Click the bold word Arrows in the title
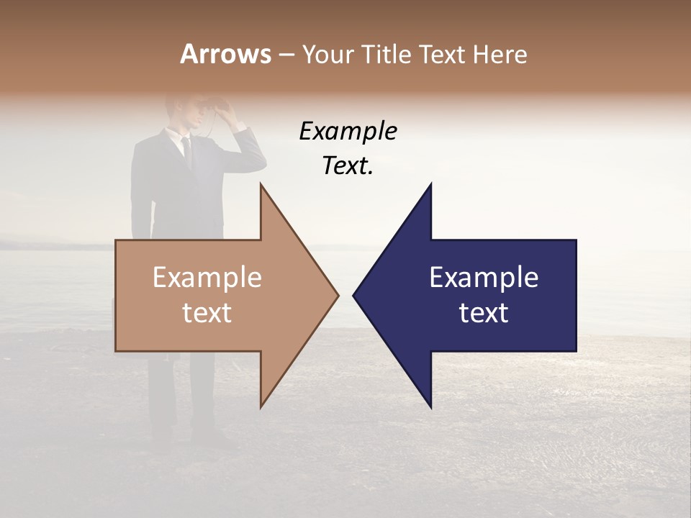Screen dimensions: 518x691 (x=225, y=54)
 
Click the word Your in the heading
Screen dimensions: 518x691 (x=328, y=54)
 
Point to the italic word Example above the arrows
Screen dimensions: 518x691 (x=348, y=132)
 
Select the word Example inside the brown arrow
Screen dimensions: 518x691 (x=207, y=278)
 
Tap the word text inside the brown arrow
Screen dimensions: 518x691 (x=207, y=313)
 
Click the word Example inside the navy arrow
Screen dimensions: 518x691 (x=484, y=278)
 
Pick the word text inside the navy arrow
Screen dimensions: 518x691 (x=484, y=313)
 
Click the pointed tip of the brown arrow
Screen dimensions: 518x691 (x=337, y=295)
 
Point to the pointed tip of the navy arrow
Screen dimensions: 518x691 (x=354, y=295)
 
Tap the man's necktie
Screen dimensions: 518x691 (x=186, y=151)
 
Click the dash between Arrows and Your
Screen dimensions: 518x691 (x=286, y=54)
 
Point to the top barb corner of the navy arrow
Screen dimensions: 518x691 (x=430, y=184)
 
